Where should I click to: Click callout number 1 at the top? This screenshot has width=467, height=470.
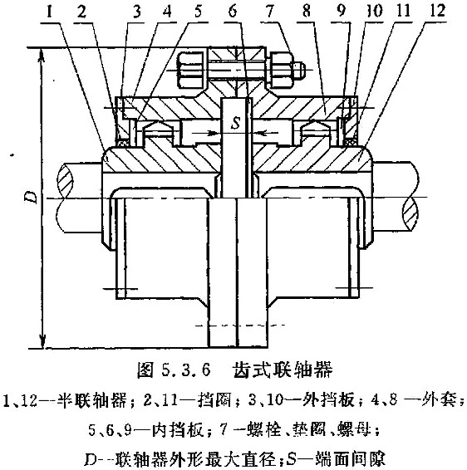tap(50, 12)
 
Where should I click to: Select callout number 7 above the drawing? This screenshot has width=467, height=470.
tap(270, 12)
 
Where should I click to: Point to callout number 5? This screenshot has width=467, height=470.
tap(198, 12)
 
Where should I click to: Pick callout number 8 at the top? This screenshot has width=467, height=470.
tap(306, 11)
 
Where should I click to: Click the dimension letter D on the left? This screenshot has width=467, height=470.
tap(32, 197)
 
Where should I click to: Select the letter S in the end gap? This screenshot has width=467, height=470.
tap(236, 123)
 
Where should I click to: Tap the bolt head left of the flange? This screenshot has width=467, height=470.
tap(191, 70)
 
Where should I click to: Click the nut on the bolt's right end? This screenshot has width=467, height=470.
tap(282, 70)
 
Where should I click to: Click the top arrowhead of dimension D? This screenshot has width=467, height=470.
tap(42, 56)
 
